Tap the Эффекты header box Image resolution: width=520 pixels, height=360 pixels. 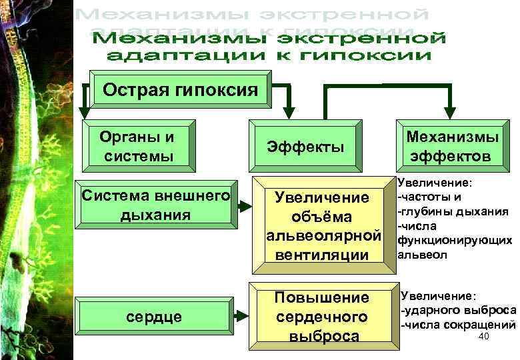(305, 147)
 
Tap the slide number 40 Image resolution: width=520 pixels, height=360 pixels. (484, 337)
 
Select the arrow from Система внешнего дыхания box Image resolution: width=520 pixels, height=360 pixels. (244, 205)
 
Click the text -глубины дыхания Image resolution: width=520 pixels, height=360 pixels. (453, 212)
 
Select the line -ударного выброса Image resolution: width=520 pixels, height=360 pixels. (457, 310)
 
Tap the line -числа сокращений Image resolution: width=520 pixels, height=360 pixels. (457, 325)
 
